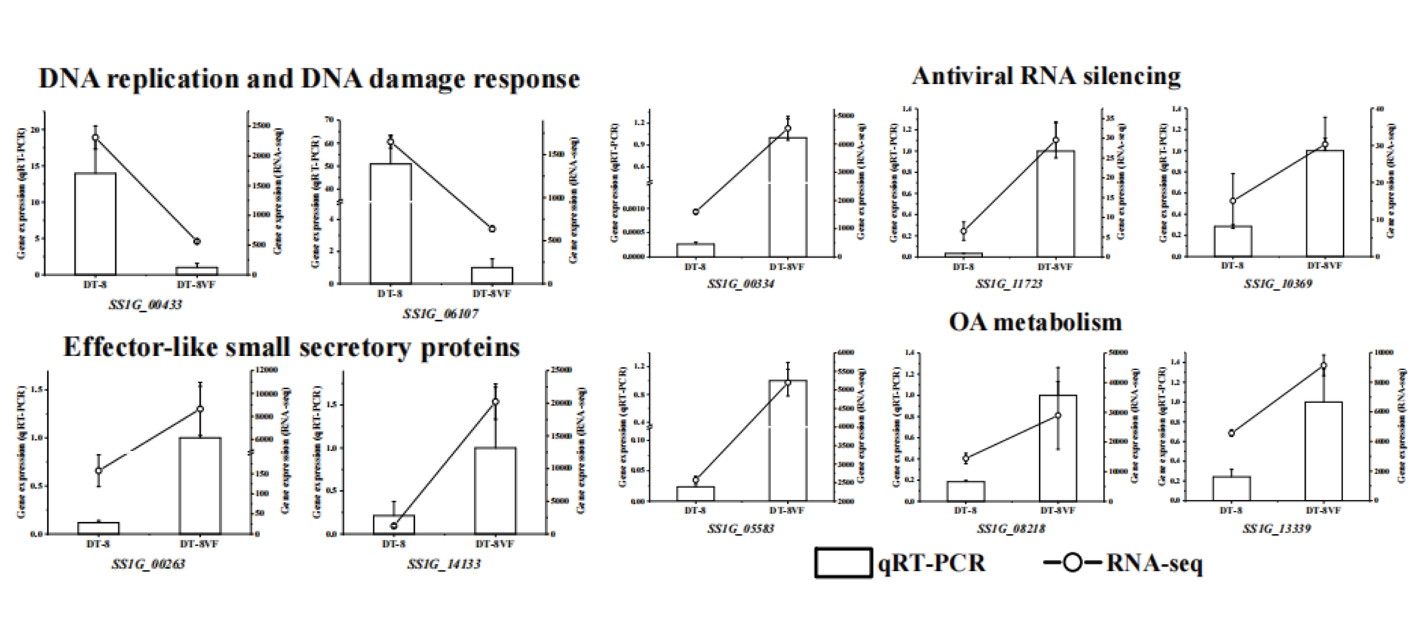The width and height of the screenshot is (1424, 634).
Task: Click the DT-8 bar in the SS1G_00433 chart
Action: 95,224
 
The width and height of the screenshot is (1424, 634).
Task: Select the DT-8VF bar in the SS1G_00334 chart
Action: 788,197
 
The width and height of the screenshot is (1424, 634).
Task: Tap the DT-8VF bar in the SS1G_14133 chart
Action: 495,490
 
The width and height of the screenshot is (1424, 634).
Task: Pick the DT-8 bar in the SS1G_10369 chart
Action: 1233,241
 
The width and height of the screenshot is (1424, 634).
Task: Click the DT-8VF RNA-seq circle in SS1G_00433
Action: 197,241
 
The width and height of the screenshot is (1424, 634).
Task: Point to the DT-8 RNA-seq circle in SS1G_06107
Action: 390,141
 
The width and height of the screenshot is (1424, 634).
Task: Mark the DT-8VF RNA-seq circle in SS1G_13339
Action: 1324,365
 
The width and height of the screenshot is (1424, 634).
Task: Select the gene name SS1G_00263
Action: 148,564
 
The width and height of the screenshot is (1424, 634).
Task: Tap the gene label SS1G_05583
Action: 741,529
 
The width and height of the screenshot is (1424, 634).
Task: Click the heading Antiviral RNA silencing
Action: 1046,76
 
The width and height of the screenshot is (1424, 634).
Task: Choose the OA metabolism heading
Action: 1035,322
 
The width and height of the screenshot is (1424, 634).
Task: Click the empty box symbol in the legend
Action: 843,563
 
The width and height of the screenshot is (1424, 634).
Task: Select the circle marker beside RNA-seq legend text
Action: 1072,563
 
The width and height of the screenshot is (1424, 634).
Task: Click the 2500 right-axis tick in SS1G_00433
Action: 261,126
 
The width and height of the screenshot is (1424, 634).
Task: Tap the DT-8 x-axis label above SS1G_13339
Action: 1231,510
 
